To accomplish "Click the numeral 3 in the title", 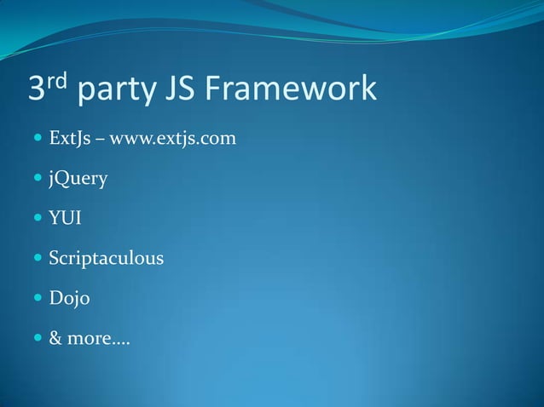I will coord(38,89).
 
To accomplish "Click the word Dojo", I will coord(69,299).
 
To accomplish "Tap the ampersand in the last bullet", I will coord(55,339).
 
